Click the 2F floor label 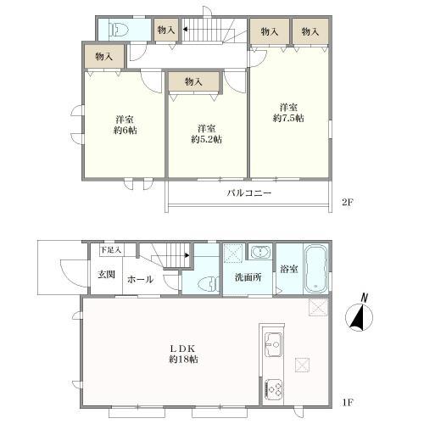348,203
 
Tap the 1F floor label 348,402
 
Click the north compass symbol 361,315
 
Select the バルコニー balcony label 249,193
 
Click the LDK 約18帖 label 183,354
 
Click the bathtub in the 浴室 316,269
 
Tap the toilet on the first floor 209,284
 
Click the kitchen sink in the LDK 273,344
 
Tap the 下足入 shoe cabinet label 111,250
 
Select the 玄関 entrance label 106,274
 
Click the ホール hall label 141,280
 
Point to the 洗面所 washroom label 248,277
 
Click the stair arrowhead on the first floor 187,255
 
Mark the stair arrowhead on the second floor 185,29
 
